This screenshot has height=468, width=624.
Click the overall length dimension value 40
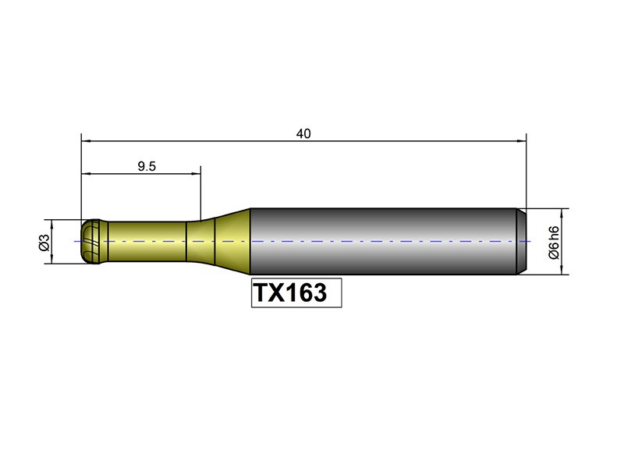pos(303,133)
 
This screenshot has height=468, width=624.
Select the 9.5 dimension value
pos(147,166)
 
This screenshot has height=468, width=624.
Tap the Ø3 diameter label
pos(44,243)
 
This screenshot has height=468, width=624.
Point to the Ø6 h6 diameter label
pos(554,243)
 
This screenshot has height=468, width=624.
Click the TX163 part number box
pos(296,292)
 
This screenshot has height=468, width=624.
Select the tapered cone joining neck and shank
pos(232,241)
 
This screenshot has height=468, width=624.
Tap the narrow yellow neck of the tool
pos(147,241)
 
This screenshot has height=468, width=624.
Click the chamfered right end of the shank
pos(522,241)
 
